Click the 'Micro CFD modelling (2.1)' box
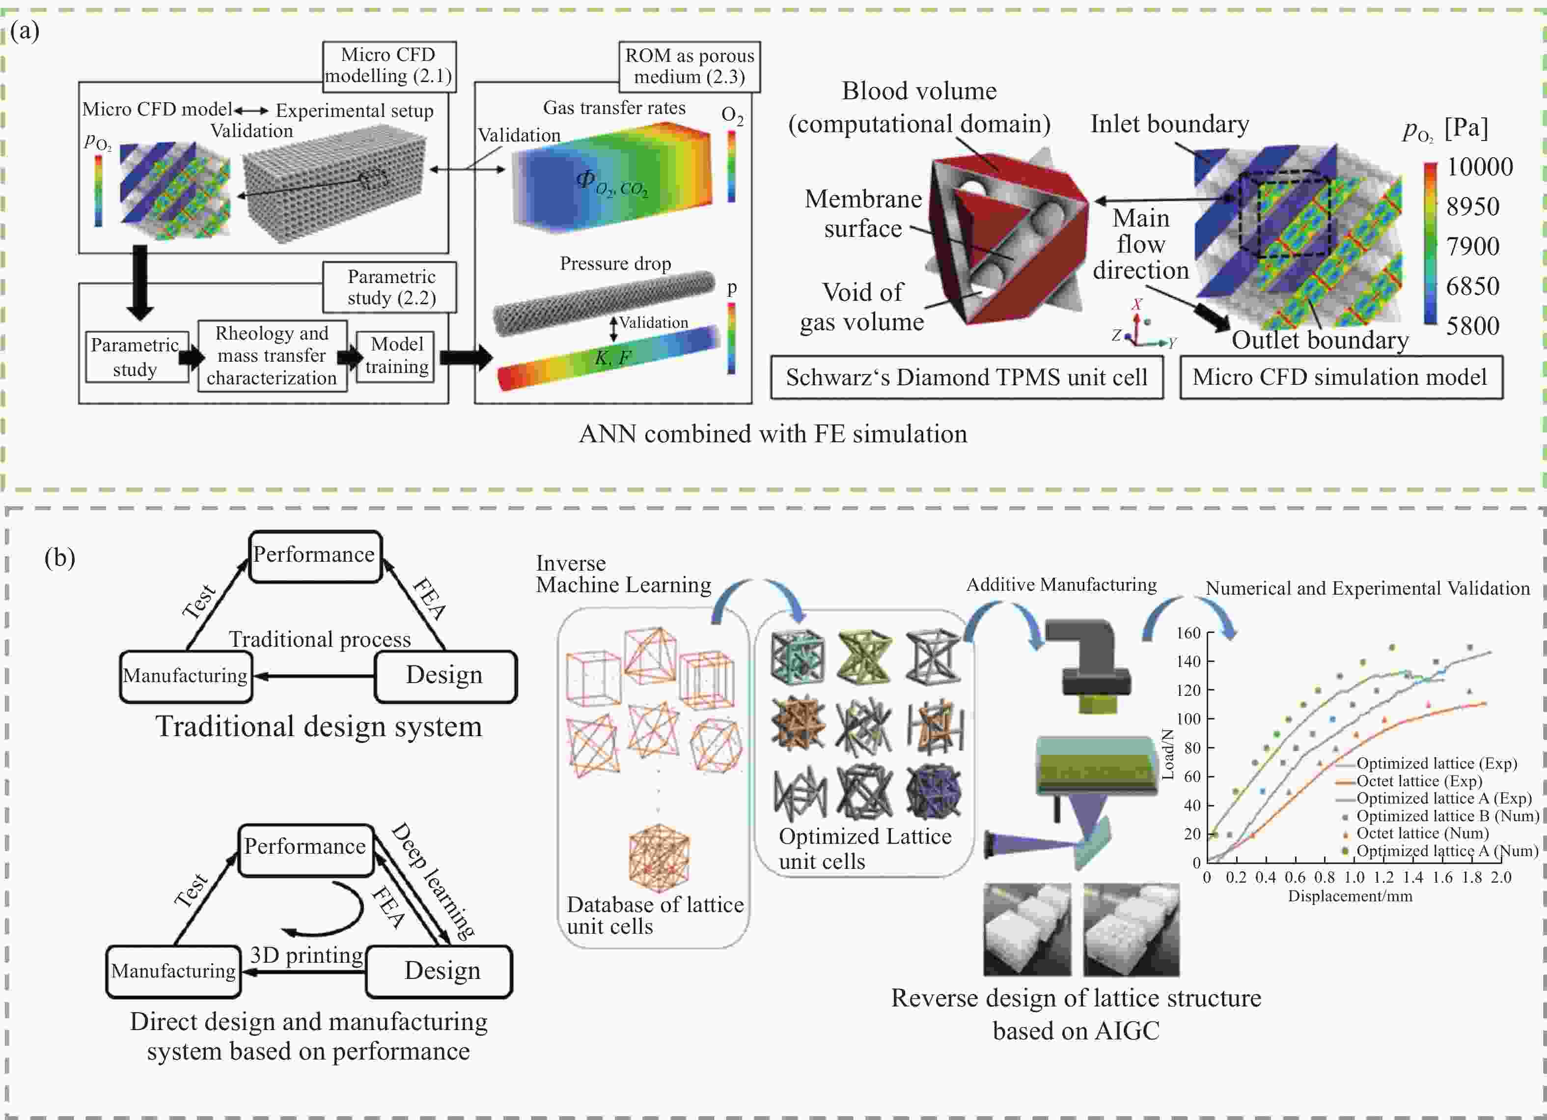click(389, 65)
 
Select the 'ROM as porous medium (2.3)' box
click(689, 66)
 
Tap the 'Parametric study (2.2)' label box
click(391, 287)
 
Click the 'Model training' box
click(396, 356)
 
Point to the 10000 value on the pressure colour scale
click(1479, 167)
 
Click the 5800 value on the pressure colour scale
click(1473, 325)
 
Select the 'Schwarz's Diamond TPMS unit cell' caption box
click(966, 377)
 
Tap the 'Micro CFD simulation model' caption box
click(1340, 377)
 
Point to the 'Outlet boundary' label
click(1319, 340)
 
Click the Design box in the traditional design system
click(445, 675)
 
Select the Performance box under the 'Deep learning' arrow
click(305, 846)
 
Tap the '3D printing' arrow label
click(306, 955)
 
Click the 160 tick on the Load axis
click(1188, 632)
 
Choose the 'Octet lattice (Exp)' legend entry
click(1419, 781)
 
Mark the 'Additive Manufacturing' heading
click(1061, 584)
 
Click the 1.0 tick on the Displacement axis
click(1354, 877)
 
